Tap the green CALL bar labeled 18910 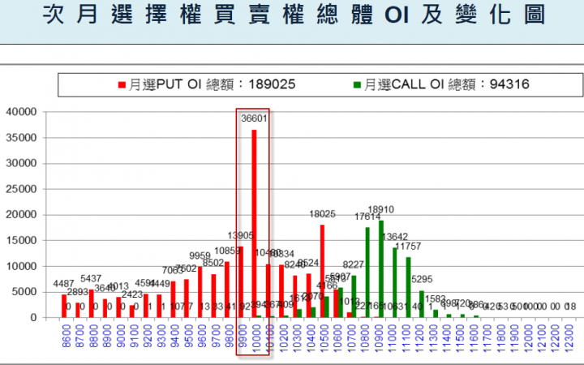tap(381, 268)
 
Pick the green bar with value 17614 tap(367, 272)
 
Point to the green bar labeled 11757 tap(408, 287)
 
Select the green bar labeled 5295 tap(422, 303)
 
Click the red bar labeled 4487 tap(64, 306)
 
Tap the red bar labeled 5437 tap(91, 303)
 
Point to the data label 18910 tap(381, 209)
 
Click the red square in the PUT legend tap(122, 84)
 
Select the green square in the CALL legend tap(357, 84)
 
